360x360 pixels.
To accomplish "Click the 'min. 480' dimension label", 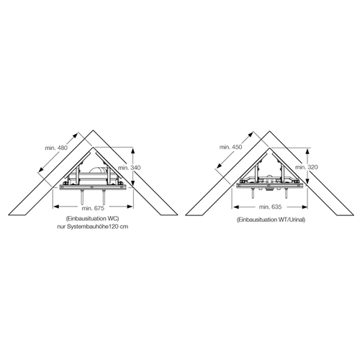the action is pos(56,148).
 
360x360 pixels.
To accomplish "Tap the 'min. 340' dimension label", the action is pos(130,168).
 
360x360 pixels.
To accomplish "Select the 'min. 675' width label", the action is pos(93,208).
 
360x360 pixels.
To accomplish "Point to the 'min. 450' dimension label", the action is pos(231,147).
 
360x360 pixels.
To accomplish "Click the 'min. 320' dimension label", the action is pos(307,167).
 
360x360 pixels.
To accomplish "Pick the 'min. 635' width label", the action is pos(270,207).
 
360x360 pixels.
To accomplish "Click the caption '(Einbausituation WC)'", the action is pos(92,219).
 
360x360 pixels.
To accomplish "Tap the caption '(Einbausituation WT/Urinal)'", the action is pos(271,220).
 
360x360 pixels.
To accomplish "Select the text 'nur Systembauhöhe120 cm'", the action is pos(92,227).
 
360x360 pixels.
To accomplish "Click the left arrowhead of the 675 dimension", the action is pos(55,207).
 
